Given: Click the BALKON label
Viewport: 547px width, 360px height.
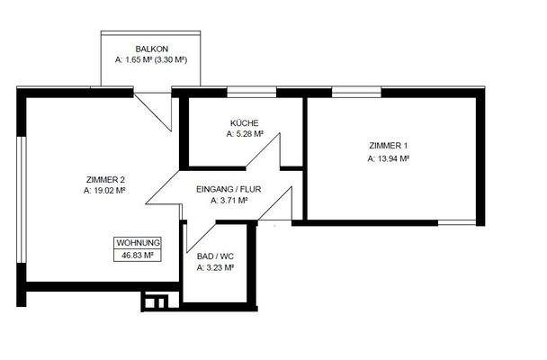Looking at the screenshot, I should coord(152,49).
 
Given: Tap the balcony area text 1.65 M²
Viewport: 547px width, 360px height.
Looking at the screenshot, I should coord(135,60).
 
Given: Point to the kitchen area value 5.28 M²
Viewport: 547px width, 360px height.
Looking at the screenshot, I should coord(245,134).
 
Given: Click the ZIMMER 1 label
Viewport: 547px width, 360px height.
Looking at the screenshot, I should coord(389,146).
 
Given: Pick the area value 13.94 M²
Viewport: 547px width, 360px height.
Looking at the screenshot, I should coord(389,158).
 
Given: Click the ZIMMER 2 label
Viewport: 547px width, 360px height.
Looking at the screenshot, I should coord(104,179).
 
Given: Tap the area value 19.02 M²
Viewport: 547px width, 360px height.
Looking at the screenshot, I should coord(104,191).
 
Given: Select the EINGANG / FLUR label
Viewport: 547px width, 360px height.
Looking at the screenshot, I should coord(229,189).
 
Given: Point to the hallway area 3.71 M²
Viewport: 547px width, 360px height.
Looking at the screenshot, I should coord(229,202).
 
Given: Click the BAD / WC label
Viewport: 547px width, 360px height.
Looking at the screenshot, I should coord(215,256).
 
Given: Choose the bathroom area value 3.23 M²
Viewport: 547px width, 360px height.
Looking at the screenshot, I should coord(215,267).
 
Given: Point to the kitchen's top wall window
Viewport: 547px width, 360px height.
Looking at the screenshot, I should coord(251,91).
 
